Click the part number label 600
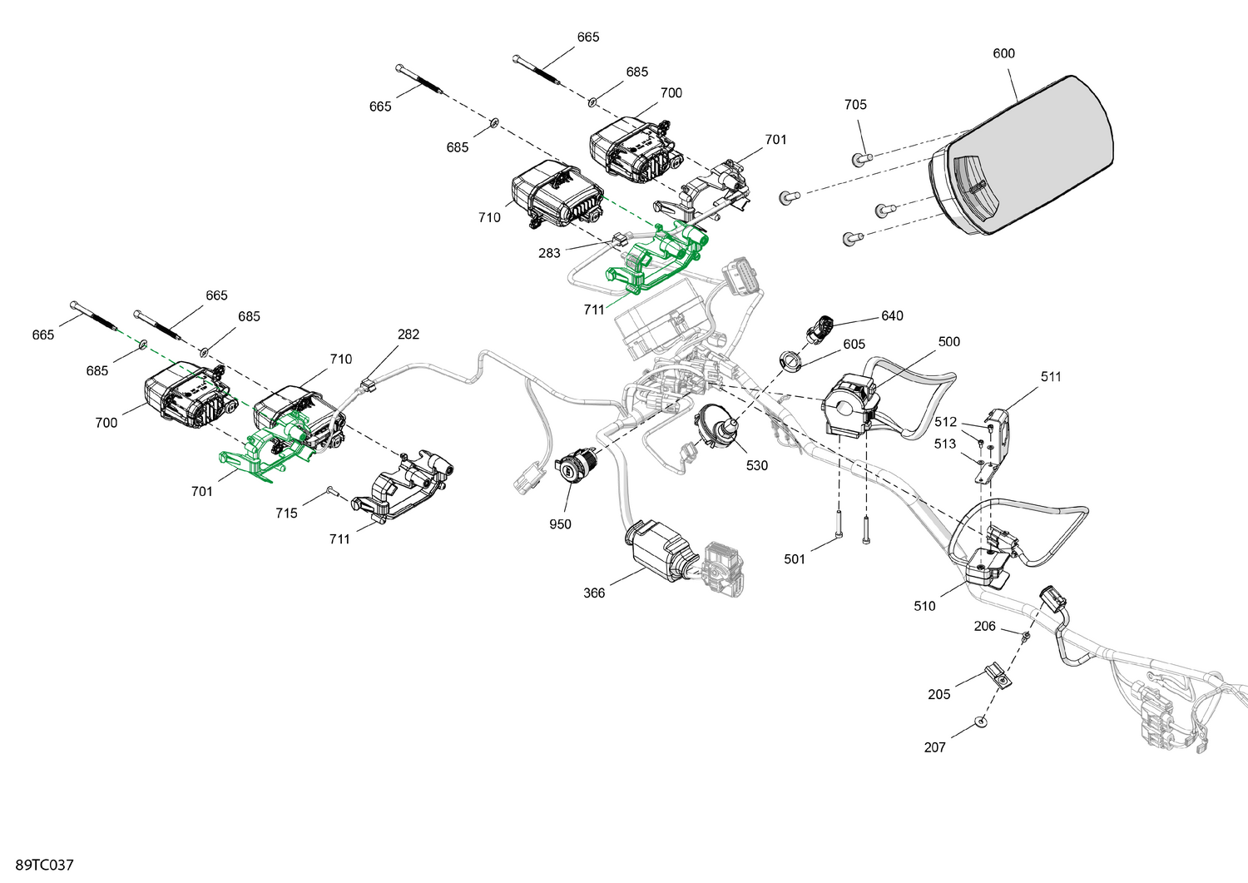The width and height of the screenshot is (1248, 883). pos(1003,53)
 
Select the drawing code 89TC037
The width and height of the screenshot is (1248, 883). pos(44,865)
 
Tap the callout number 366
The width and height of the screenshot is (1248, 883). pos(594,593)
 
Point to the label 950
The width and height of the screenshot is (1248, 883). pos(560,523)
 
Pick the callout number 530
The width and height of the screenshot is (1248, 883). pos(756,465)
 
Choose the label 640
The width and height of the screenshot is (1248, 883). pos(892,315)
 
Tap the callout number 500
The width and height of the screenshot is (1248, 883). pos(948,341)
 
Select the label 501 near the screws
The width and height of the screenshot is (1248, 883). pos(795,558)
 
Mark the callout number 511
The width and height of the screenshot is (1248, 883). pos(1051,376)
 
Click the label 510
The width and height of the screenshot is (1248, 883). pos(924,606)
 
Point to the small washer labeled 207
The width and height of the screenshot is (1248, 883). pos(981,721)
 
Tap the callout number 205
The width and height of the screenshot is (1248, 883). pos(938,694)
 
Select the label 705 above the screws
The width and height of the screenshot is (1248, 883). pos(855,104)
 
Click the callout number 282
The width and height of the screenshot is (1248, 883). pos(409,334)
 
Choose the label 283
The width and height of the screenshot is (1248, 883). pos(549,253)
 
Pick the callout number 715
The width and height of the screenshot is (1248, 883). pos(286,513)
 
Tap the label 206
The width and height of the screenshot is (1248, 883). pos(984,626)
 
